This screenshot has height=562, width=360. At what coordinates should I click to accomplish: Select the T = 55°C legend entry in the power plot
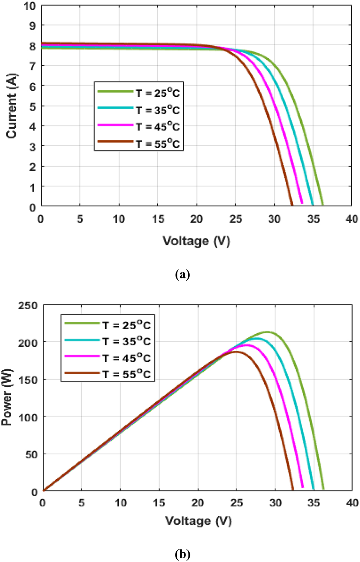pos(127,374)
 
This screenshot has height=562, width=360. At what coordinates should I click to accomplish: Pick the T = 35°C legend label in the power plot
pos(127,341)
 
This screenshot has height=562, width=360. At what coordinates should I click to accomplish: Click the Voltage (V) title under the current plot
pos(196,241)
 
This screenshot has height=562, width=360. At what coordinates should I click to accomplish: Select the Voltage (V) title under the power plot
pos(198,521)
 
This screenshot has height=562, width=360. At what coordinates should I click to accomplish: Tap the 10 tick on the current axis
pos(30,6)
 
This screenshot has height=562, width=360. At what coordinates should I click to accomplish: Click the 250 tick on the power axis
pos(28,305)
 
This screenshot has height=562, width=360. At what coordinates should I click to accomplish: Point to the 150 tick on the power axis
pos(28,380)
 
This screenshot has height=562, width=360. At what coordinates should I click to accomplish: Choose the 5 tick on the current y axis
pos(33,107)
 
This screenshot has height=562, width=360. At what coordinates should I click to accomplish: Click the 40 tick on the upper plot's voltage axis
pos(351,219)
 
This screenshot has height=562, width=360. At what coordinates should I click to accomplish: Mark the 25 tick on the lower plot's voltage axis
pos(236,503)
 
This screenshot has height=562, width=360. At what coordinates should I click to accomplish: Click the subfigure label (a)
pos(182,275)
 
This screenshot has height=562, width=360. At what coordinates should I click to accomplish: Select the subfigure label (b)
pos(182,554)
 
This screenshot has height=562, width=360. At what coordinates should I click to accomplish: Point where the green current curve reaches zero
pos(323,205)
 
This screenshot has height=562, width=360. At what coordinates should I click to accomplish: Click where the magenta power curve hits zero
pos(303,487)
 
